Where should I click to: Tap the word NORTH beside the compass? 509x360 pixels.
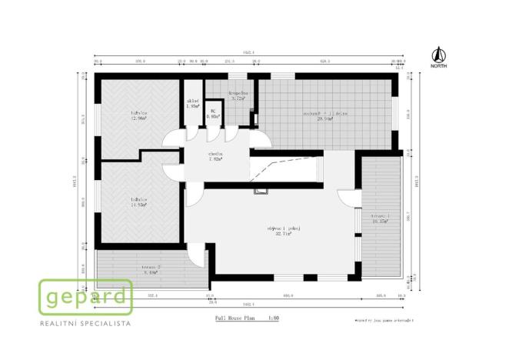(438, 66)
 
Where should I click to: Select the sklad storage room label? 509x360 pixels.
(193, 103)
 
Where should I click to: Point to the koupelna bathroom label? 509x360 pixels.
(236, 96)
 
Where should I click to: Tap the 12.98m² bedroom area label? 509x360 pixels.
(139, 116)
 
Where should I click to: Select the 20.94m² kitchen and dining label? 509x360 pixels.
(324, 115)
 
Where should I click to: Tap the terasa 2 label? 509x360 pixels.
(151, 268)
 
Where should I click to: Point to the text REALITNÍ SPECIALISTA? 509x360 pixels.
(85, 324)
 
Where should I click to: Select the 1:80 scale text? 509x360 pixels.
(273, 316)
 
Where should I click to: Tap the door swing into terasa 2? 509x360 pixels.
(198, 253)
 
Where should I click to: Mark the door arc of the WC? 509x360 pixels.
(213, 132)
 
